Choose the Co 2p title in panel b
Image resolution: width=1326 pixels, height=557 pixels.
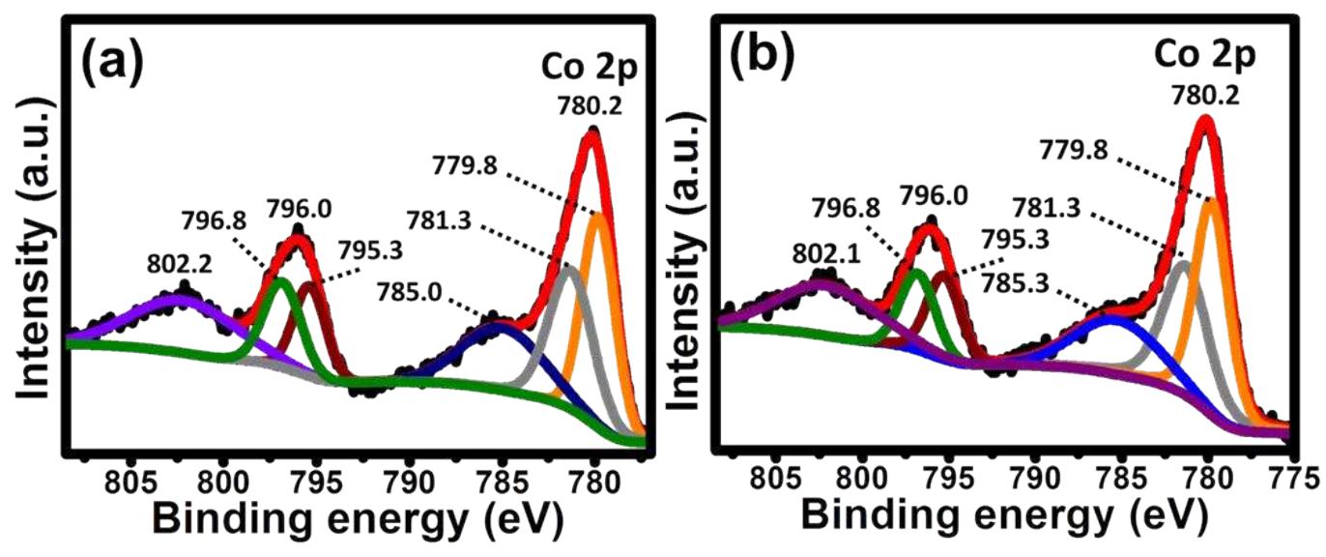[1204, 55]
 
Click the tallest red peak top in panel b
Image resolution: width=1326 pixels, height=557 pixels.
[1204, 121]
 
